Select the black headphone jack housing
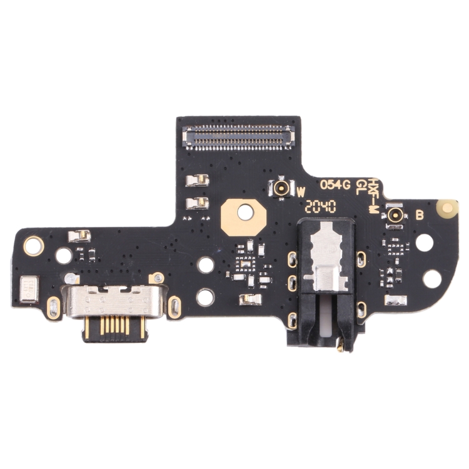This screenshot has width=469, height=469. point(326,275)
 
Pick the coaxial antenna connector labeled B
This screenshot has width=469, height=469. point(395,216)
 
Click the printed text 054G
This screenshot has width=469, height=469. point(335,185)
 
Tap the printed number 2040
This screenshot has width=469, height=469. point(321,206)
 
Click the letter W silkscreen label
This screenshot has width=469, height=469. point(301,191)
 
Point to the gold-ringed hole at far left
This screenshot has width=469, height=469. point(33,245)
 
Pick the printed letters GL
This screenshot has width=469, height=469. point(361,186)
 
